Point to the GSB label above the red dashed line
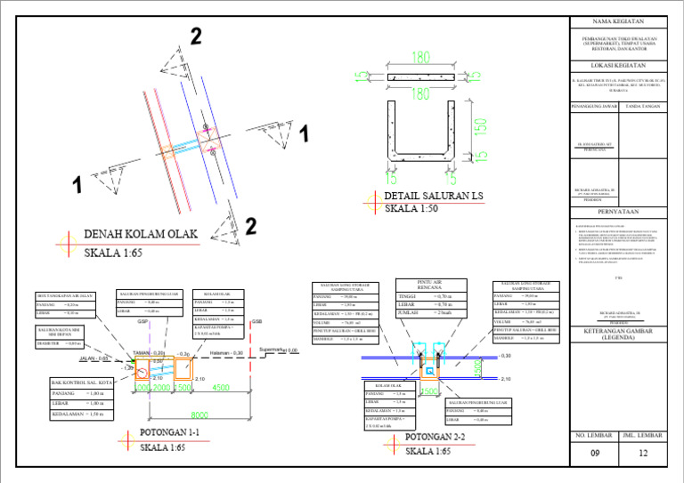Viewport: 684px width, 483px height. pyautogui.click(x=256, y=322)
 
